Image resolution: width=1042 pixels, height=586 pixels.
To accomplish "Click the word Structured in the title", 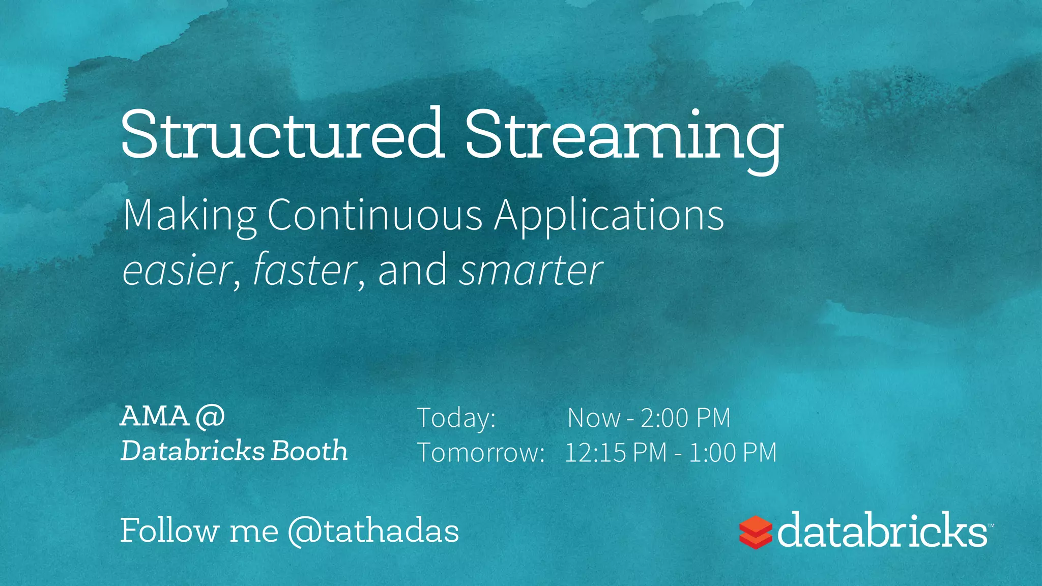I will coord(282,135).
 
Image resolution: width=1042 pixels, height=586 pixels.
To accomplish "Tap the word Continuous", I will coord(374,215).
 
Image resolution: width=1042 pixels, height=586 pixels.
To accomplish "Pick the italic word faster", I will coord(304,270).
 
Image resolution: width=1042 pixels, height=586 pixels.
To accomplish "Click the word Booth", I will coord(309,451).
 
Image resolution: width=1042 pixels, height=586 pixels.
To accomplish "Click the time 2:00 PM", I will coord(685,418).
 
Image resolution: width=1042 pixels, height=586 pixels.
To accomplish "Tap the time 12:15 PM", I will coord(616,452).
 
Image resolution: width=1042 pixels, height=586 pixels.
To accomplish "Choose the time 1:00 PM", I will coord(733,452).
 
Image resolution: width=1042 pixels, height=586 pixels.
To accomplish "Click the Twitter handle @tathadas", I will coord(373,532).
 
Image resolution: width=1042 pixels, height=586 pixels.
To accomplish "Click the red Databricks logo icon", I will coord(755,532).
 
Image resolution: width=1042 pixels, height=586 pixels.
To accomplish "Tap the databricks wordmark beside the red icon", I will coord(881,530).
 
